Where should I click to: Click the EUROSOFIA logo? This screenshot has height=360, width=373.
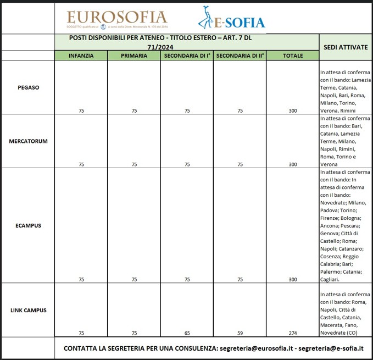click(x=116, y=19)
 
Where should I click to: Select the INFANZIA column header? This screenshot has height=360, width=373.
click(x=81, y=56)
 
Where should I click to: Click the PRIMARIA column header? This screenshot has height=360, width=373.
click(x=133, y=56)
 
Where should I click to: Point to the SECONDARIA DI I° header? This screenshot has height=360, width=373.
click(x=187, y=56)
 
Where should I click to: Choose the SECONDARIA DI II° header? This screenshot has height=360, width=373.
click(x=240, y=56)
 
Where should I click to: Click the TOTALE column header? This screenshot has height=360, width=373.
click(x=292, y=56)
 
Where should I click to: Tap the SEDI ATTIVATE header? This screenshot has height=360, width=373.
click(x=346, y=47)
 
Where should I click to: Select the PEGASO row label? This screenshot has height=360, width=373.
click(x=28, y=87)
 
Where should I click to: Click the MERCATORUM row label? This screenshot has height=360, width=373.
click(x=28, y=141)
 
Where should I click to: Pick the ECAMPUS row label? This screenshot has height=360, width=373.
click(x=28, y=225)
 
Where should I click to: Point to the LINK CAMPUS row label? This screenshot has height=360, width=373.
click(x=28, y=310)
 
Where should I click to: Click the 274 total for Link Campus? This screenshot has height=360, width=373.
click(x=292, y=334)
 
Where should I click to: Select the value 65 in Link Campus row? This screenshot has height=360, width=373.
click(x=187, y=334)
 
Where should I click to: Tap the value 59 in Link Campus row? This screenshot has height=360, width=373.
click(x=240, y=334)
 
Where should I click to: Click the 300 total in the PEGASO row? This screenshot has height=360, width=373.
click(x=292, y=111)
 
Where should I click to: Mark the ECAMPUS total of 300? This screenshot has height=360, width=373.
click(x=292, y=280)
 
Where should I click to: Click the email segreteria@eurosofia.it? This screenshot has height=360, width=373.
click(x=259, y=348)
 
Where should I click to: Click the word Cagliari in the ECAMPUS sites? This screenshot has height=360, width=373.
click(x=330, y=279)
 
